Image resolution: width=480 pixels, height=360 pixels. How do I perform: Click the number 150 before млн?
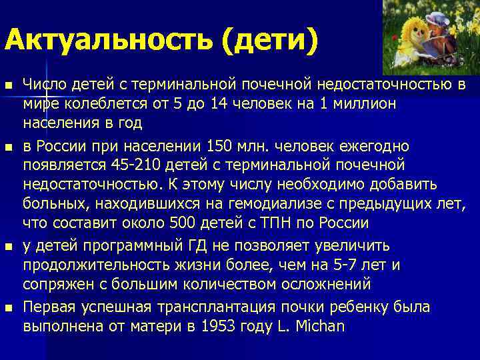tap(223, 145)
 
